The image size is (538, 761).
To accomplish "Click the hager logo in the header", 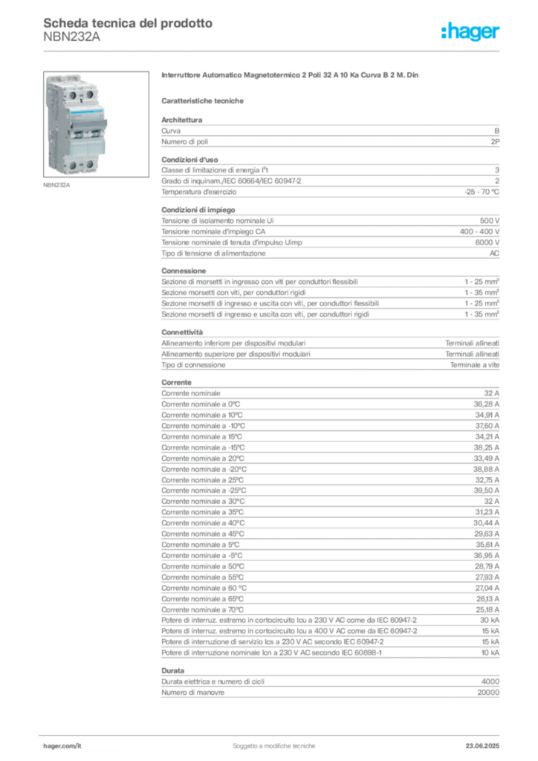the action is (470, 31).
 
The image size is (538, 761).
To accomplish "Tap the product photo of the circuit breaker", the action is (96, 124).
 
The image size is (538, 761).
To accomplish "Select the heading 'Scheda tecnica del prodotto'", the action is (128, 23).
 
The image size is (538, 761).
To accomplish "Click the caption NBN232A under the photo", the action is (56, 185).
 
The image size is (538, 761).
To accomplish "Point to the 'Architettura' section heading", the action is (182, 120).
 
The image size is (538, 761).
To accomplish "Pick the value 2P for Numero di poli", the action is (495, 142).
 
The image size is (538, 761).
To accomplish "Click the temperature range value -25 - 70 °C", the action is (482, 192).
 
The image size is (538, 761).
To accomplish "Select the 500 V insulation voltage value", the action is (490, 220).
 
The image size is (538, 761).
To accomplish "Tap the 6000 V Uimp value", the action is (487, 242).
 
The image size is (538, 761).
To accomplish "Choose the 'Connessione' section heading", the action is (184, 271).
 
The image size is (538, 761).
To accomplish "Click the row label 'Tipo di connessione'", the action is (193, 365).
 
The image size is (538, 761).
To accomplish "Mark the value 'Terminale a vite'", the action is (474, 365).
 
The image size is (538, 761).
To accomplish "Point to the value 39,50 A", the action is (487, 490).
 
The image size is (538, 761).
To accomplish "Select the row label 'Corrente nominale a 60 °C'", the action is (204, 589).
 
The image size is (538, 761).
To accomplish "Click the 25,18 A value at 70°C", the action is (487, 609).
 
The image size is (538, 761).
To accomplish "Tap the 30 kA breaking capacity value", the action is (490, 621).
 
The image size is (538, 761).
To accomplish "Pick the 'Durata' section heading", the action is (172, 671).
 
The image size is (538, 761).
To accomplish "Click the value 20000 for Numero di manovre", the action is (488, 693).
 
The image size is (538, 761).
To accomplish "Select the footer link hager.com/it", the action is (62, 746).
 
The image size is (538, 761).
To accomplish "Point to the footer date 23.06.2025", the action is (482, 746).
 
